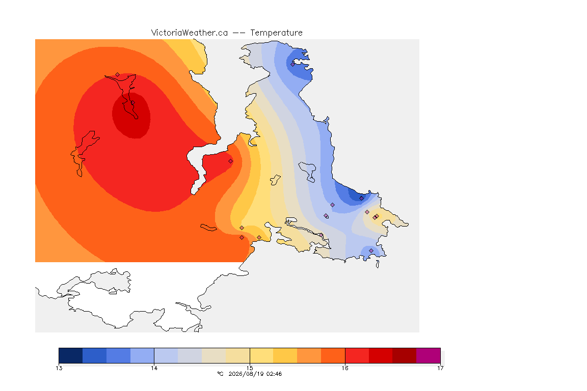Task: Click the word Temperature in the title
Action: coord(276,33)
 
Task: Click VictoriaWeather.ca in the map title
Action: coord(190,33)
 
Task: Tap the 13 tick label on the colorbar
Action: coord(59,368)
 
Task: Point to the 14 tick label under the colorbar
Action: coord(154,368)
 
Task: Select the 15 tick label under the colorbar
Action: coord(250,368)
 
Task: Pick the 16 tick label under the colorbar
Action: coord(345,368)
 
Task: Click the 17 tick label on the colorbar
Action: coord(440,368)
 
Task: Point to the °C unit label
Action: coord(220,374)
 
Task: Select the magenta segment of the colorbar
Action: coord(428,355)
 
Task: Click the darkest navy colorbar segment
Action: coord(71,355)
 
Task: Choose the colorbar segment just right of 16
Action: coord(357,355)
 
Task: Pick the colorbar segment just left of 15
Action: coord(238,355)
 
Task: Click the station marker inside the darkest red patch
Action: coord(132,102)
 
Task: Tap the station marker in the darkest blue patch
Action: coord(361,199)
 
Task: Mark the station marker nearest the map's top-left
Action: coord(118,75)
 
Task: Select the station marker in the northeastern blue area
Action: coord(293,64)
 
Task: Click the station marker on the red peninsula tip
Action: coord(231,161)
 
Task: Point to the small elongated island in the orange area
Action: coord(208,228)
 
